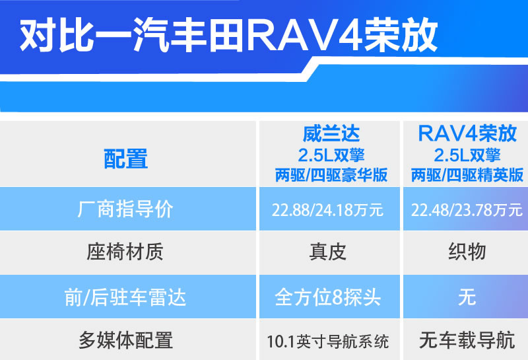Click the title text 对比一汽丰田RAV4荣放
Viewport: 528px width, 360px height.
(x=228, y=35)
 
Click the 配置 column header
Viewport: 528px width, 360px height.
(x=125, y=159)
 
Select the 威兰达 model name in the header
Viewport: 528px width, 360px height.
(x=331, y=134)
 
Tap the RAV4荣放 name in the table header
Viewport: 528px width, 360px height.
(x=467, y=133)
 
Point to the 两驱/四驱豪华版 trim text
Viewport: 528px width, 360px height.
(x=331, y=175)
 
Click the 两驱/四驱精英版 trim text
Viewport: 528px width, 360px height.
(x=467, y=175)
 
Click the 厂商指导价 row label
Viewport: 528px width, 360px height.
(x=125, y=209)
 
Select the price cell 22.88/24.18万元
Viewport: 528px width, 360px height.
(x=327, y=210)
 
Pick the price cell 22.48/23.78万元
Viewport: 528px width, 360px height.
(x=467, y=210)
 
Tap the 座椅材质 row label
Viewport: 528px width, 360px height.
(x=125, y=252)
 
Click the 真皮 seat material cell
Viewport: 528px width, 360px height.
(x=327, y=252)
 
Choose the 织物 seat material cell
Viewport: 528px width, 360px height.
(x=467, y=252)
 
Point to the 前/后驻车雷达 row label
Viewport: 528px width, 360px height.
(x=125, y=298)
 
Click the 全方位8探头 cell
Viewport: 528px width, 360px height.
(x=327, y=298)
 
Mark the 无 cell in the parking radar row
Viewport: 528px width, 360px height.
(x=467, y=297)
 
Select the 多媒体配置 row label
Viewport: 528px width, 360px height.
(x=125, y=340)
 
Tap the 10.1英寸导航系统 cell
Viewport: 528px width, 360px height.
(x=327, y=342)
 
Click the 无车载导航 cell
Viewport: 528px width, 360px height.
(x=467, y=340)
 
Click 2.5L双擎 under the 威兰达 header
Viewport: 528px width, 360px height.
(x=331, y=155)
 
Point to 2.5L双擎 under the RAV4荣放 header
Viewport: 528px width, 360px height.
(x=467, y=155)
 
